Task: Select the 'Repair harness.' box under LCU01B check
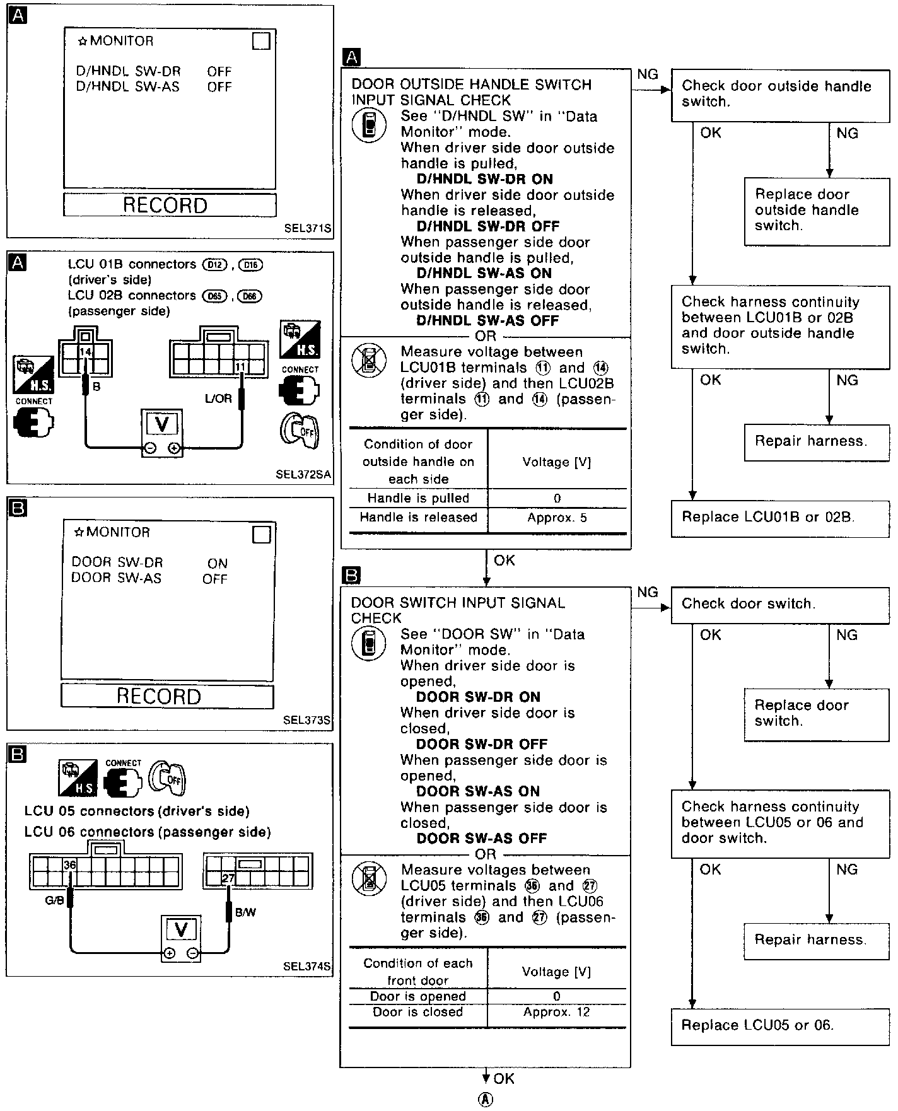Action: [x=817, y=441]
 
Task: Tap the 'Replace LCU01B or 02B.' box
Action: [x=780, y=518]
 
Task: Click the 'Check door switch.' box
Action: [x=780, y=604]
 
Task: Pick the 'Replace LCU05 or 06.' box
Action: [x=780, y=1025]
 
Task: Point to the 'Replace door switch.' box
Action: [x=817, y=713]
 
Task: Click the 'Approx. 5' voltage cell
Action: [x=557, y=518]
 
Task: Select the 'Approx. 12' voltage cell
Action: [x=557, y=1012]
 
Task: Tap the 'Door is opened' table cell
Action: [x=418, y=996]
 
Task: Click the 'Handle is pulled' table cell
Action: [x=418, y=498]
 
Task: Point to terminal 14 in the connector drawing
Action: [x=85, y=351]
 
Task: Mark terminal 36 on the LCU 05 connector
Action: [x=69, y=865]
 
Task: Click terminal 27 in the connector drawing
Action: [x=228, y=878]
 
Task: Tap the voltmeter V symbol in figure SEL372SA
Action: [x=162, y=424]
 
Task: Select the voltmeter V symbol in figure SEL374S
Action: [x=181, y=929]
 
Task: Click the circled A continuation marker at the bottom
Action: [x=486, y=1099]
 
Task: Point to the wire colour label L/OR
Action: [x=218, y=398]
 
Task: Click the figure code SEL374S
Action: [x=306, y=966]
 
